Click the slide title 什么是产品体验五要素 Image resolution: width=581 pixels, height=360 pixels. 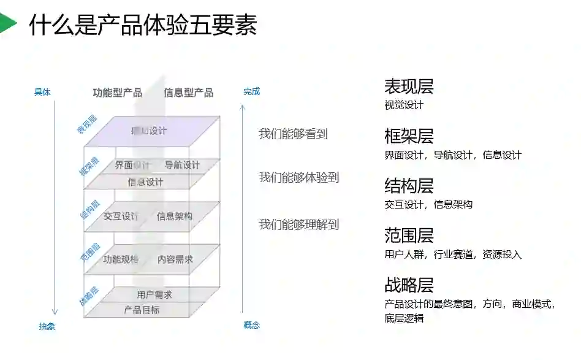point(143,25)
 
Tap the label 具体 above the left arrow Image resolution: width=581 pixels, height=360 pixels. point(42,93)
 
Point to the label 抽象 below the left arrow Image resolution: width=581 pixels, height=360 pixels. point(47,326)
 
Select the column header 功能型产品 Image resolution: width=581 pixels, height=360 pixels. point(118,93)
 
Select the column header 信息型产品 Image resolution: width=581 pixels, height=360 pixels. point(189,93)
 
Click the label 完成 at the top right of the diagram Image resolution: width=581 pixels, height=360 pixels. point(251,91)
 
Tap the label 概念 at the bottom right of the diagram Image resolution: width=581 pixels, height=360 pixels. point(251,325)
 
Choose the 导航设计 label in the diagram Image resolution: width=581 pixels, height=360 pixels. point(182,165)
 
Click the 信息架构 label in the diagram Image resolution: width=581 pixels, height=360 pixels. point(175,216)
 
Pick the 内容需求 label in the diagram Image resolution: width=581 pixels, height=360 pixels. point(175,259)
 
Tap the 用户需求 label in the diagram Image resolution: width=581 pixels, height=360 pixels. point(154,295)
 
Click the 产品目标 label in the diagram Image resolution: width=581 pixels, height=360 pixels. point(142,310)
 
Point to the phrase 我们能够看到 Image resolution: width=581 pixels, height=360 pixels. point(293,134)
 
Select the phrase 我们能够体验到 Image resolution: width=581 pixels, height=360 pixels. point(298,177)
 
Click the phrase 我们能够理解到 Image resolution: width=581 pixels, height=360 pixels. point(298,224)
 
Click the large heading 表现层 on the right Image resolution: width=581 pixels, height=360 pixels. point(409,86)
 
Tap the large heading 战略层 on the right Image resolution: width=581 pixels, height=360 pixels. point(409,285)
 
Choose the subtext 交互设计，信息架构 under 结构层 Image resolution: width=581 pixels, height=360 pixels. point(428,204)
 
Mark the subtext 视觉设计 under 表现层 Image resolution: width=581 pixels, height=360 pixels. point(404,105)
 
